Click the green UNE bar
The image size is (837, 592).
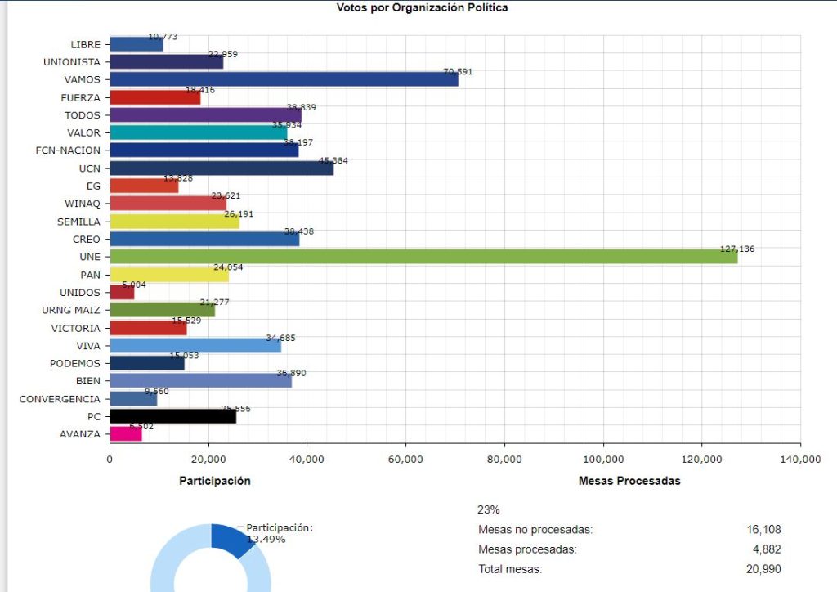(423, 257)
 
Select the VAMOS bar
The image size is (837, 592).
(284, 79)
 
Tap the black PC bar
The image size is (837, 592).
(172, 417)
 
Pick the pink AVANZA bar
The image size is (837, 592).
(126, 434)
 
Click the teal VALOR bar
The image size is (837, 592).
(198, 132)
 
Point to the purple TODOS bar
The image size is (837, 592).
(205, 114)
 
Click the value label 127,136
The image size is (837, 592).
(737, 249)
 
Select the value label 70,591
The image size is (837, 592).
(458, 72)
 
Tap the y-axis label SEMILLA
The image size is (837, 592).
(79, 222)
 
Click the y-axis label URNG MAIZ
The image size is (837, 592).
(71, 311)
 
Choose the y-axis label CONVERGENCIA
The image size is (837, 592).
(60, 399)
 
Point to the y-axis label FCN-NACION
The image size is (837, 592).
(69, 150)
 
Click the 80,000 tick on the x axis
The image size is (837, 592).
(504, 460)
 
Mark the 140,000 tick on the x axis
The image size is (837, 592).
(799, 460)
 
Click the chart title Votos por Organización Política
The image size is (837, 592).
(422, 8)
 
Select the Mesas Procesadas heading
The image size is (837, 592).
(629, 481)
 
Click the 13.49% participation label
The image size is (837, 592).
(266, 540)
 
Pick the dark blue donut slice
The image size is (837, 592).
(231, 539)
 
